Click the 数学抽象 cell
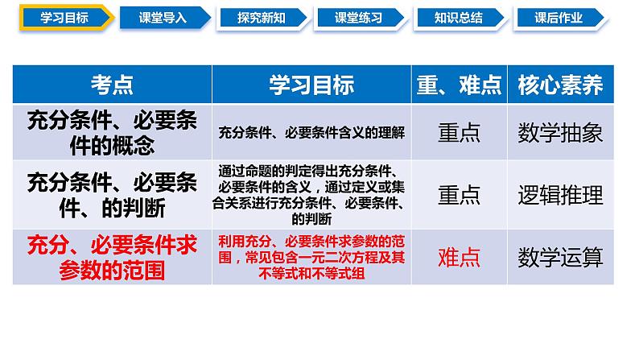tap(561, 132)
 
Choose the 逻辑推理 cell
tap(561, 194)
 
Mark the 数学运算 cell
tap(561, 257)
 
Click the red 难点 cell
tap(459, 257)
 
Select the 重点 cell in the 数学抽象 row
tap(459, 132)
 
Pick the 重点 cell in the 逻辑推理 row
tap(459, 194)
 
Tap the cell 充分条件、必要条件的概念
tap(112, 132)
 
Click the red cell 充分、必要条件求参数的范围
tap(112, 257)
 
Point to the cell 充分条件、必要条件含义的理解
tap(311, 133)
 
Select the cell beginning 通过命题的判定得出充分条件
tap(311, 194)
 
